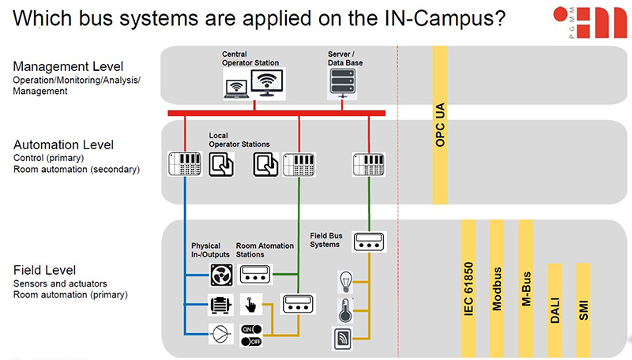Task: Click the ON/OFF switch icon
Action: (x=251, y=334)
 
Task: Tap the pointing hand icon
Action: (x=251, y=305)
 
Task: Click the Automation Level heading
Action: (x=63, y=144)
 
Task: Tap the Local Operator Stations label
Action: (x=239, y=140)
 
